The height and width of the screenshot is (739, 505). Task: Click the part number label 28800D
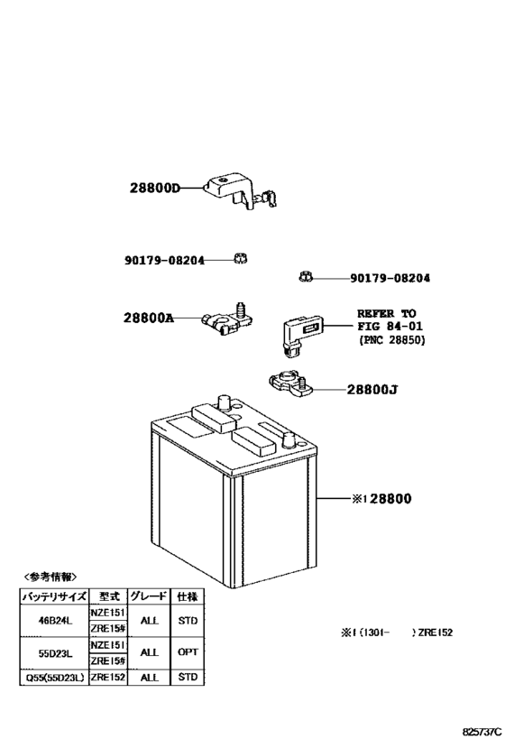[x=155, y=189]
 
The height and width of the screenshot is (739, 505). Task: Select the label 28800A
[x=149, y=319]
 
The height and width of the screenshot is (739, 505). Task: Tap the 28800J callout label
[x=372, y=390]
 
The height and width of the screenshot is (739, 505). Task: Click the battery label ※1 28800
[x=381, y=499]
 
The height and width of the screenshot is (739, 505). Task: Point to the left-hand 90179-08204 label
[x=164, y=260]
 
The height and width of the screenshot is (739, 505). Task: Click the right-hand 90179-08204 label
[x=390, y=278]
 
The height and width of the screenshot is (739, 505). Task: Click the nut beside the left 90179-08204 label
[x=240, y=258]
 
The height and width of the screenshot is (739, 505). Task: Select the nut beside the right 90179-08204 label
[x=306, y=277]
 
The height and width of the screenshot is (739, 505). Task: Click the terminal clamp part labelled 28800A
[x=227, y=319]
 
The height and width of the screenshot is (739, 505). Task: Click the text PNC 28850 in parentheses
[x=391, y=340]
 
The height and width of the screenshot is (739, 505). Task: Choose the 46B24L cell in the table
[x=55, y=621]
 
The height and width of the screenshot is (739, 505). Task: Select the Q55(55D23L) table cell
[x=54, y=678]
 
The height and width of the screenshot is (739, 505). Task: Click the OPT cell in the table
[x=188, y=652]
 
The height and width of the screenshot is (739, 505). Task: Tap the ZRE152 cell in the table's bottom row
[x=108, y=678]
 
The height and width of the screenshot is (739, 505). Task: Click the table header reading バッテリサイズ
[x=54, y=596]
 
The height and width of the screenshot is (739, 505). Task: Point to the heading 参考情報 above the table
[x=50, y=577]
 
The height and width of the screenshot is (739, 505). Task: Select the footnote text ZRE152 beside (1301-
[x=435, y=633]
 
